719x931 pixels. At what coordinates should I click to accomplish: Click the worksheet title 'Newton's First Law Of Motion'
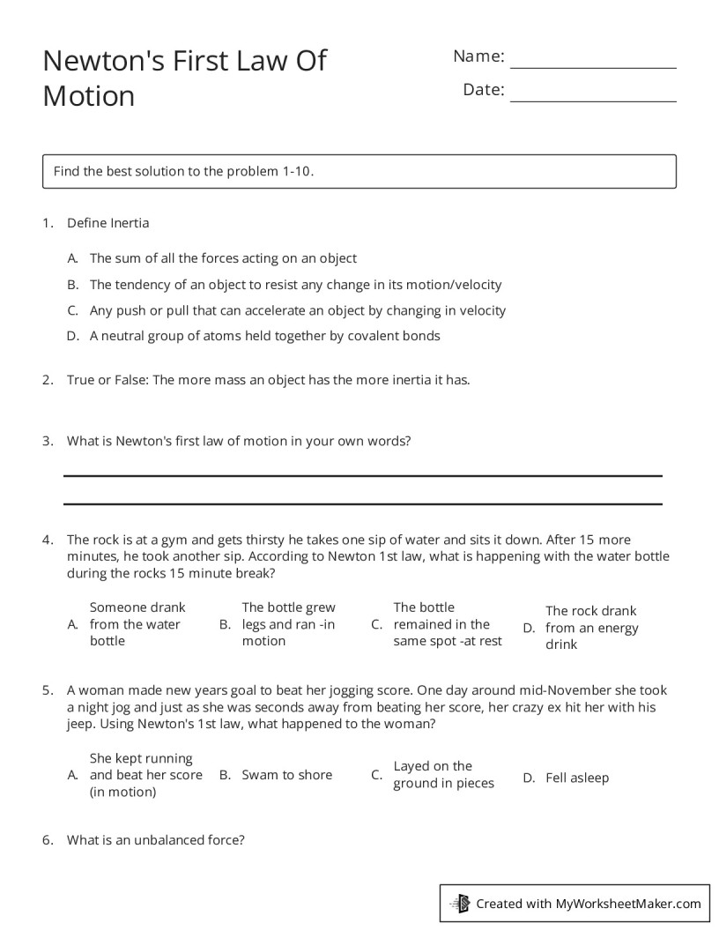tap(184, 78)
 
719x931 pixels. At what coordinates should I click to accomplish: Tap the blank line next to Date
tap(593, 101)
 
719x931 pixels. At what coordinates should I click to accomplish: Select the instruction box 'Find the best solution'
tap(359, 171)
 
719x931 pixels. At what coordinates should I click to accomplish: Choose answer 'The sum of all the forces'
tap(223, 258)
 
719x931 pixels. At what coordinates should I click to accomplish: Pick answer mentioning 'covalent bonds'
tap(264, 336)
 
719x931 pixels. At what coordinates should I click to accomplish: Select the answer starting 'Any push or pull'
tap(297, 310)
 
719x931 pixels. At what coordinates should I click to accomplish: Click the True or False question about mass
tap(268, 380)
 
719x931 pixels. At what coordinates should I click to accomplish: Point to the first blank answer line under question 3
tap(362, 475)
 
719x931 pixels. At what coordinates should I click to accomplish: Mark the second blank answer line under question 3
tap(362, 503)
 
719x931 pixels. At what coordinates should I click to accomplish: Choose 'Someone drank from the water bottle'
tap(137, 624)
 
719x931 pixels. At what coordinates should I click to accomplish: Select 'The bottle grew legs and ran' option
tap(288, 624)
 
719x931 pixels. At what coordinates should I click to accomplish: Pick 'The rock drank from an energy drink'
tap(590, 628)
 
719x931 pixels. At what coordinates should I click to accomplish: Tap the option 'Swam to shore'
tap(286, 775)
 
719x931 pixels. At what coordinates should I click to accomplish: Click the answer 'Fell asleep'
tap(576, 778)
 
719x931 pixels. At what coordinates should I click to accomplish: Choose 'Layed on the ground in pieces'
tap(442, 775)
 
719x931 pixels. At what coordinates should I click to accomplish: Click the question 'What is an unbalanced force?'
tap(155, 840)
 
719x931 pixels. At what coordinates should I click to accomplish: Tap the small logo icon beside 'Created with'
tap(460, 903)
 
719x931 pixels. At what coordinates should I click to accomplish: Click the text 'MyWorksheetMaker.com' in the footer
tap(627, 903)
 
